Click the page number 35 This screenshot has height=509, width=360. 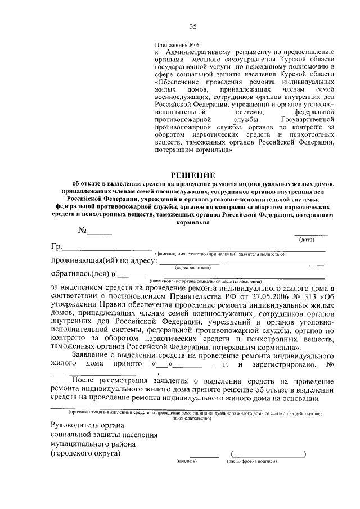pyautogui.click(x=193, y=26)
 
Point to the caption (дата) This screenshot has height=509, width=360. pyautogui.click(x=307, y=240)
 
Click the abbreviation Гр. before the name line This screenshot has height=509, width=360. pyautogui.click(x=56, y=247)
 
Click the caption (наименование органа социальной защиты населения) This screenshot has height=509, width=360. pyautogui.click(x=205, y=280)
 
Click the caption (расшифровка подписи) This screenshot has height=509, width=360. pyautogui.click(x=252, y=461)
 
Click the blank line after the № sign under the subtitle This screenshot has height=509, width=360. pyautogui.click(x=100, y=232)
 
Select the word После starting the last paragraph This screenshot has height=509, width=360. pyautogui.click(x=84, y=381)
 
